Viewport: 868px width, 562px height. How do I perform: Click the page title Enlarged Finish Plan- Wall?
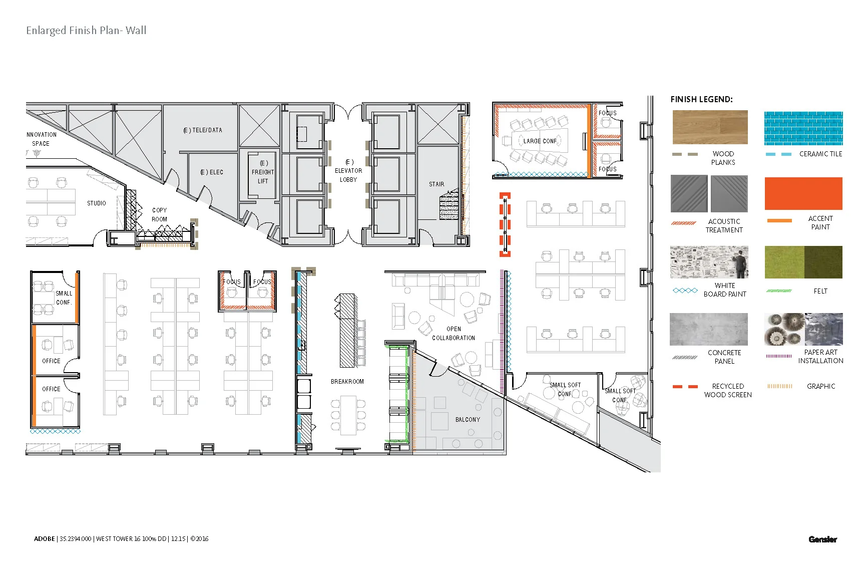coord(86,31)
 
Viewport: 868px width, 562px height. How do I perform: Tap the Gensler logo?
coord(822,539)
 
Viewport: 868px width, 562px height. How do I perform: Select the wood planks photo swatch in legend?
coord(710,127)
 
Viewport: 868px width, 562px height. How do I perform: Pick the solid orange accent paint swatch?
coord(803,193)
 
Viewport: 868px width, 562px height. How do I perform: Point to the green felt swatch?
coord(803,262)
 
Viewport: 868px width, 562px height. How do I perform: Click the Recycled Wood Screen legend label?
coord(727,390)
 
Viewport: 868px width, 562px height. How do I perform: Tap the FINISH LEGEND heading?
coord(701,99)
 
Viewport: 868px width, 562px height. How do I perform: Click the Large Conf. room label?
coord(540,141)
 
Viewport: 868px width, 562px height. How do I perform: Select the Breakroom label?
coord(347,382)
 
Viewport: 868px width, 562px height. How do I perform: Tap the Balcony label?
coord(468,420)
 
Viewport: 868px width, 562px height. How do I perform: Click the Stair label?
coord(436,184)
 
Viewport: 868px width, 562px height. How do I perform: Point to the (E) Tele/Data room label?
coord(202,130)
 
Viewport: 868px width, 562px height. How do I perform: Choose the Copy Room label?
coord(159,215)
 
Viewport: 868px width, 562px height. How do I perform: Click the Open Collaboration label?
coord(454,334)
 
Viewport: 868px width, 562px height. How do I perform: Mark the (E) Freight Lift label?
coord(263,172)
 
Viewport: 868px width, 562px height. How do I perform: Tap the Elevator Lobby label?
coord(348,171)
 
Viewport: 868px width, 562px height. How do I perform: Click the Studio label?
coord(96,203)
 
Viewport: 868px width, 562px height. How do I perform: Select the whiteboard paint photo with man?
coord(709,262)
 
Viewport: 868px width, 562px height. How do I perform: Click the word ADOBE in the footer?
coord(44,539)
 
